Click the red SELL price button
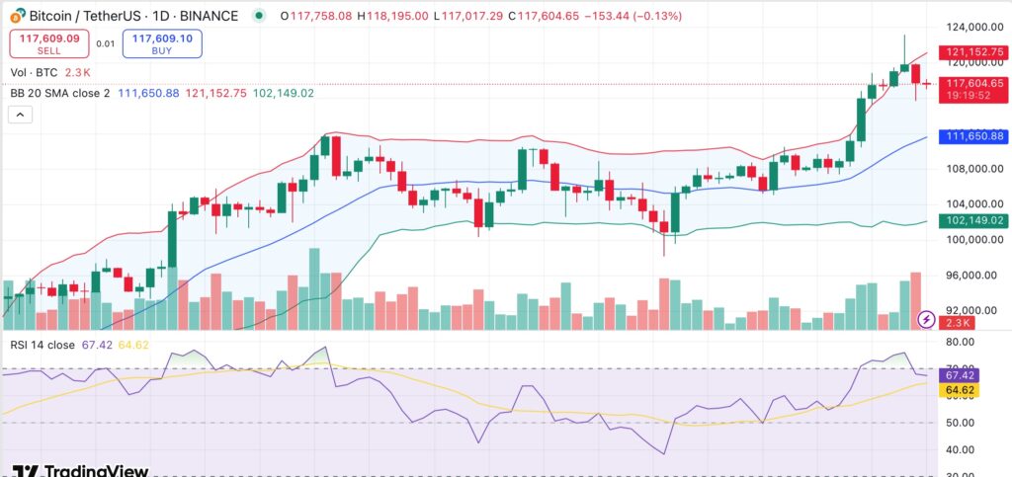[x=49, y=41]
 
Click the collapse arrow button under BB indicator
[x=21, y=115]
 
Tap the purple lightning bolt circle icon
[x=926, y=318]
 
